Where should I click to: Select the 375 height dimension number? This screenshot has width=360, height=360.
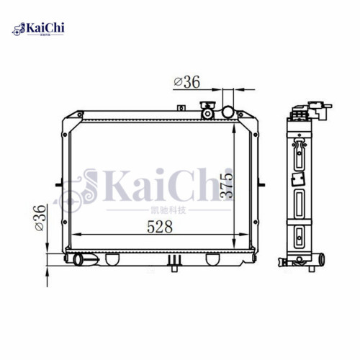[x=228, y=186]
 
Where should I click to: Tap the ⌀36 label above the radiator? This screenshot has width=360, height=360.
[x=186, y=83]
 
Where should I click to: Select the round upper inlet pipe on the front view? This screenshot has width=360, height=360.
[x=229, y=112]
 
